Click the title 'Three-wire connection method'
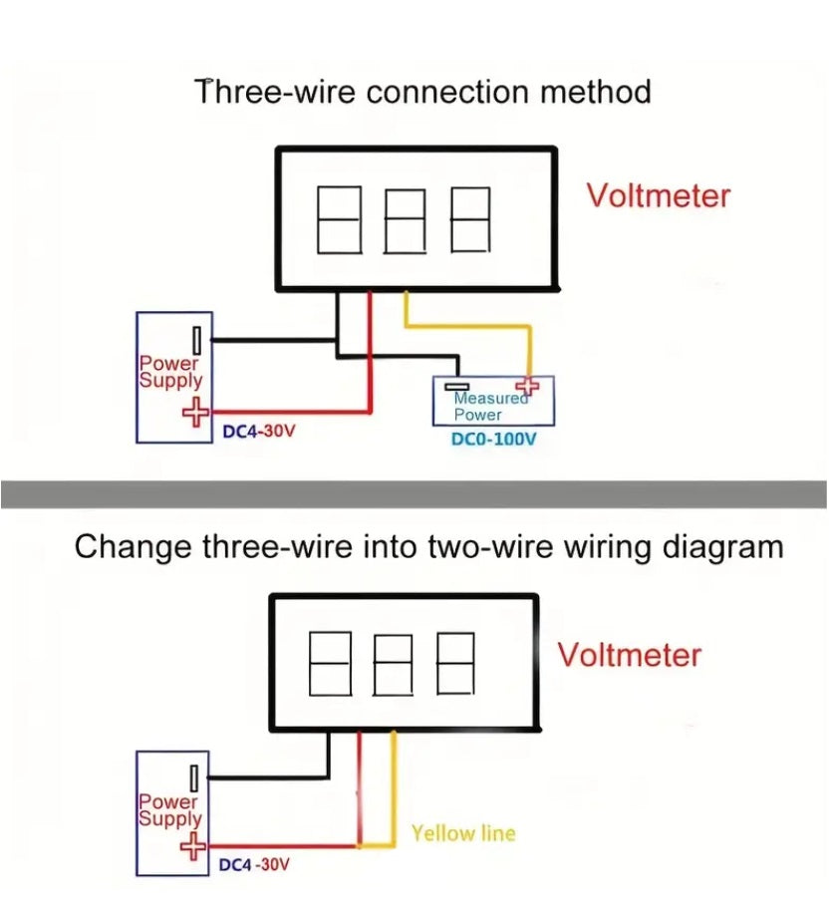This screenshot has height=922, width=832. [423, 93]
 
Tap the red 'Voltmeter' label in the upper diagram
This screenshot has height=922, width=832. [658, 195]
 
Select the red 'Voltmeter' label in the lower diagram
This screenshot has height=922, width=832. [629, 655]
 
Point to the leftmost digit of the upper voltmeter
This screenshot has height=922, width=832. [337, 219]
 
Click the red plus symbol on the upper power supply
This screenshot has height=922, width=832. [196, 410]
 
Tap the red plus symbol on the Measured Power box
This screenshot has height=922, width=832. [526, 387]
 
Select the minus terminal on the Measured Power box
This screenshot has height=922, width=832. [457, 387]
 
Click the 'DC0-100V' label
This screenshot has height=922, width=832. [493, 440]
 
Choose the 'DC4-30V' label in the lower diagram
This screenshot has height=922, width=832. [254, 864]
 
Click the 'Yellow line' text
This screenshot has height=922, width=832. [463, 832]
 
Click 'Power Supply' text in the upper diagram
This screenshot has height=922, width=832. [170, 372]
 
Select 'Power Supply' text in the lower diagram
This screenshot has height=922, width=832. [169, 809]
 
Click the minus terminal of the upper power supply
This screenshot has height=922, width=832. [199, 340]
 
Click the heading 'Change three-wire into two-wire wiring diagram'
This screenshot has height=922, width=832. [429, 547]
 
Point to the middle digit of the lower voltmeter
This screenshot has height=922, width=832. [393, 664]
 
